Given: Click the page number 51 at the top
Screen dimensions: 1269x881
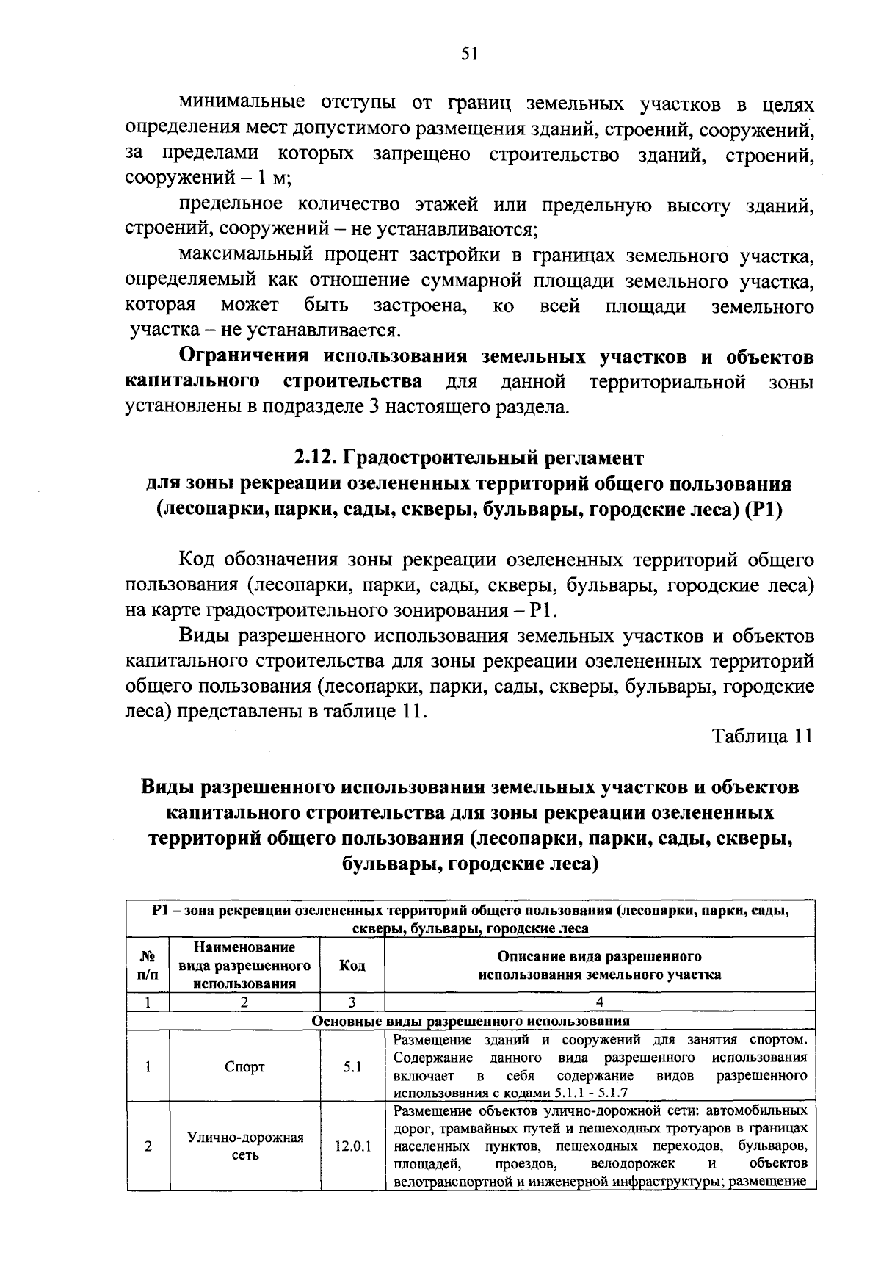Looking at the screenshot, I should pos(470,53).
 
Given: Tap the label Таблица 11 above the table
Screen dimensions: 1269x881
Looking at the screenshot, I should pos(762,737).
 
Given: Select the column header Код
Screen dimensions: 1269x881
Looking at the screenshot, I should pos(352,966).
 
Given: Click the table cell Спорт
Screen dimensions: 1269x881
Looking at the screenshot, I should pos(244,1067).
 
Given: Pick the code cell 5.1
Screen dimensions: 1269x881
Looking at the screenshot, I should pos(352,1067).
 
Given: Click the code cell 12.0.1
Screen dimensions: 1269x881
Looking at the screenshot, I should pos(352,1146).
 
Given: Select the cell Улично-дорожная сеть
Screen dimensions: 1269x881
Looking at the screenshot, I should pos(244,1146).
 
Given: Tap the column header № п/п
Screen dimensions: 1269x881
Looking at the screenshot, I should pos(148,966).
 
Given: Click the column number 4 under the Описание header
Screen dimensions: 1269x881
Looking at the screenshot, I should pos(600,1002).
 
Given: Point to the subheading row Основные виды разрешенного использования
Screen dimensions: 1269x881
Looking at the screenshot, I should pos(471,1021).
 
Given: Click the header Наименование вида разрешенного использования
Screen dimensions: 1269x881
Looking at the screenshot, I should pos(244,966).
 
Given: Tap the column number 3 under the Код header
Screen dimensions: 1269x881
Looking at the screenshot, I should pos(352,1002).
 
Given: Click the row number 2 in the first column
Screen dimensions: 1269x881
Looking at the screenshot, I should pos(148,1146).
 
